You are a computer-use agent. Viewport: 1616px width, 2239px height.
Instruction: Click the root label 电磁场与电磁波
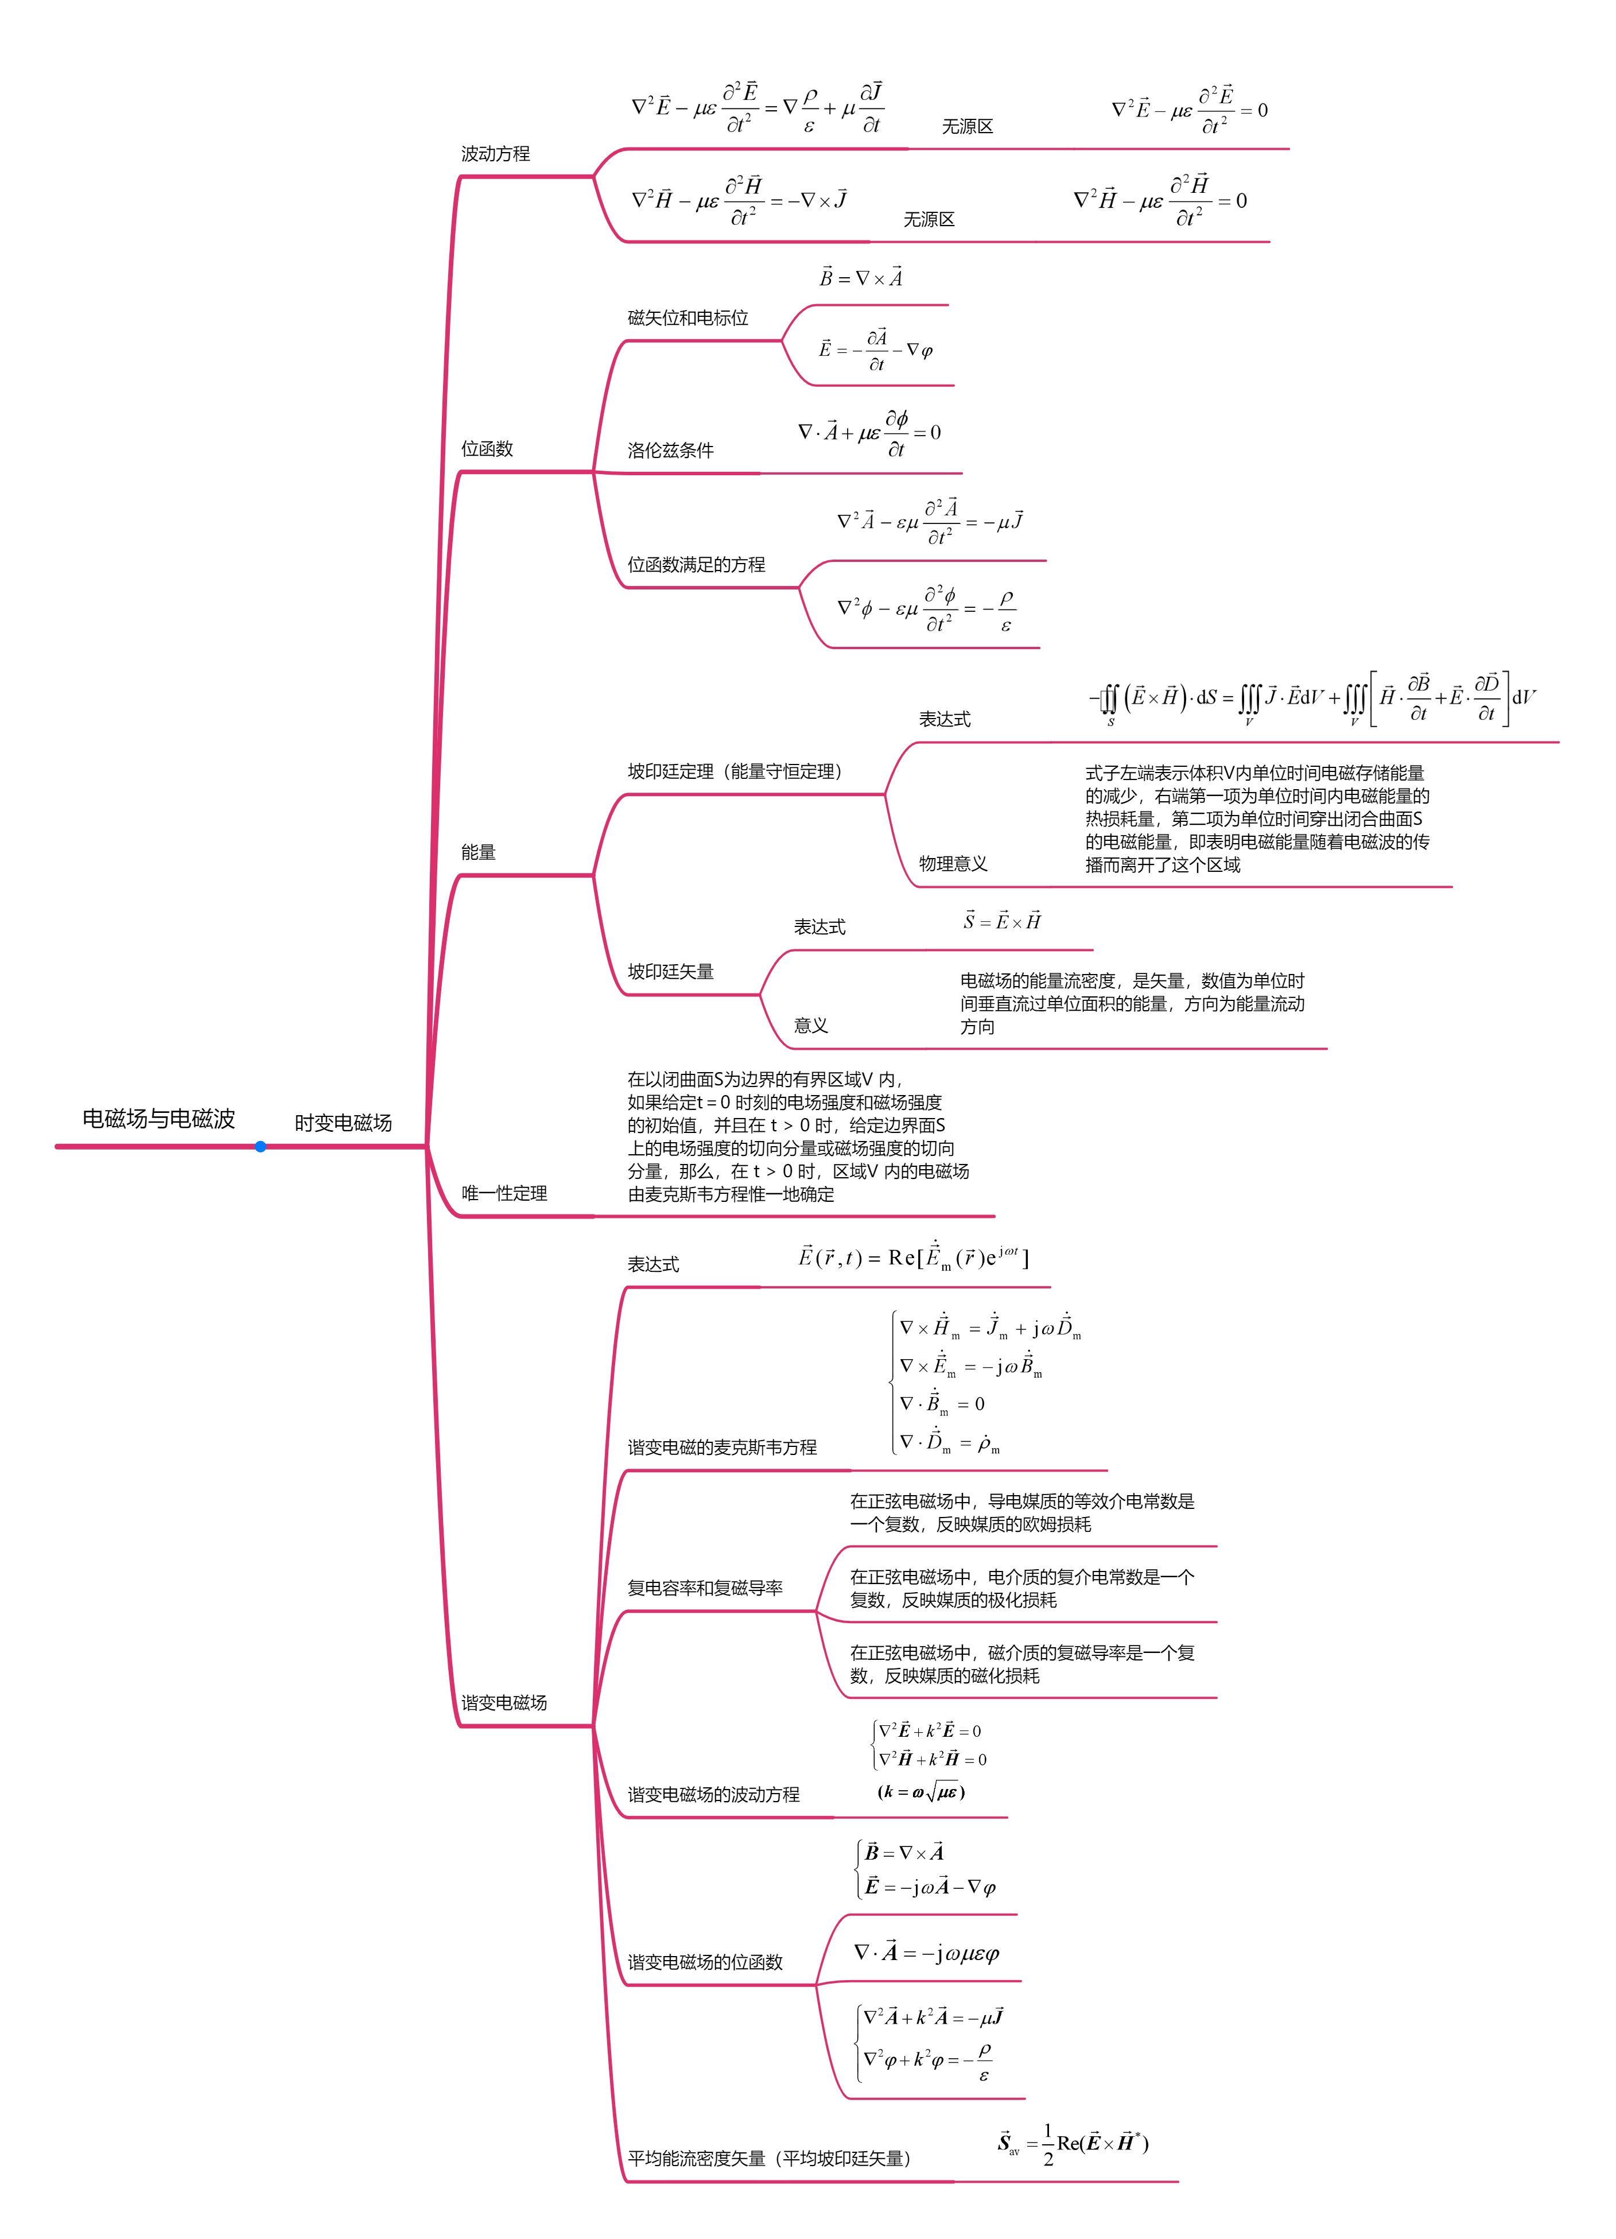[x=158, y=1119]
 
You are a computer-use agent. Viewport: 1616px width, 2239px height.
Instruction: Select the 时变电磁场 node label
[x=343, y=1123]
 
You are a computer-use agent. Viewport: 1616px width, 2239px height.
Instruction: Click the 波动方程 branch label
[x=496, y=154]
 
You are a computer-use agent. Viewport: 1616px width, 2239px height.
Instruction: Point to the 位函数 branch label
[x=487, y=449]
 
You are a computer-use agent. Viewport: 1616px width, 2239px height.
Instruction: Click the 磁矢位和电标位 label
[x=688, y=318]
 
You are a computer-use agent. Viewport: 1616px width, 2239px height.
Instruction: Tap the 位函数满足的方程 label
[x=696, y=565]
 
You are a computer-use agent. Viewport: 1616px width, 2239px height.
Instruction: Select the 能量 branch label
[x=478, y=852]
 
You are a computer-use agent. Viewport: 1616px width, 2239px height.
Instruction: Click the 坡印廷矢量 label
[x=670, y=971]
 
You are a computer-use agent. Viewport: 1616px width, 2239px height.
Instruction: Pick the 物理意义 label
[x=953, y=864]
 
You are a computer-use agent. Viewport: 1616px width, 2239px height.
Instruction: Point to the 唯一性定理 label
[x=504, y=1194]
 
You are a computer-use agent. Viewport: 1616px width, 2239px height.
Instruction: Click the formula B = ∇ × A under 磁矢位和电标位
[x=861, y=277]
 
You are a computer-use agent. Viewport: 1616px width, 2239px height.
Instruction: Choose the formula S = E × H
[x=1002, y=921]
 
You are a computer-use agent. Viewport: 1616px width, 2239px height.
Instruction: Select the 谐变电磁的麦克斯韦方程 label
[x=721, y=1448]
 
